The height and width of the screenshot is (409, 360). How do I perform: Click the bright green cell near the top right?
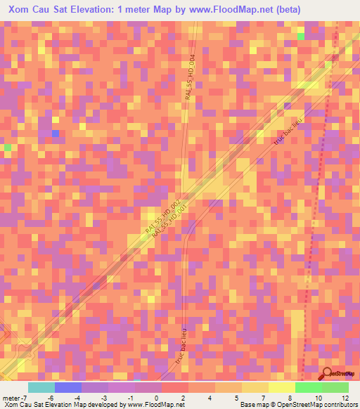301,36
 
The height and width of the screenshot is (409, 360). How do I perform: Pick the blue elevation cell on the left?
55,133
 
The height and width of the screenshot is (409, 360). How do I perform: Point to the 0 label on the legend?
162,398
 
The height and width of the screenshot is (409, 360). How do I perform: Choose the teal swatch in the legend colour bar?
41,387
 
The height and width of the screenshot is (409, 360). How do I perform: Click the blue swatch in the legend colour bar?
68,387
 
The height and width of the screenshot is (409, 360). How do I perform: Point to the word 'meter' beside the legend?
11,398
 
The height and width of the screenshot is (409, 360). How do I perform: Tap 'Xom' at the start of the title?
19,9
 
